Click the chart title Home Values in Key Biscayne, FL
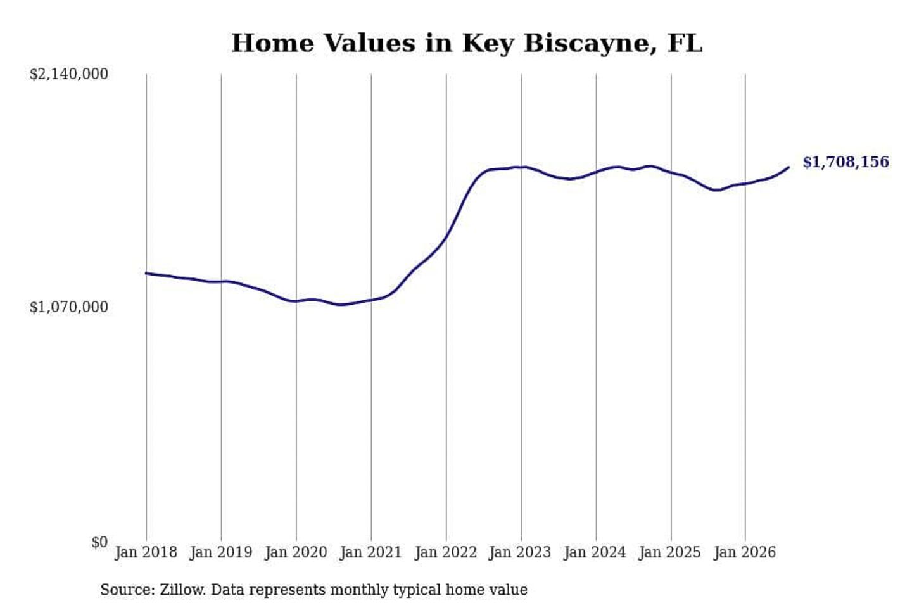467,43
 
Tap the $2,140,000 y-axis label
69,74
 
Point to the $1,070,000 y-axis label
69,307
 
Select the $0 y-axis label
100,542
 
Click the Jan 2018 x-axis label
146,553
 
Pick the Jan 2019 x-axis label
221,553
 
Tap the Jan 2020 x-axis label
296,553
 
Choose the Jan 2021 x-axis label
371,553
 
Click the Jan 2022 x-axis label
446,553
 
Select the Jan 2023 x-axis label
521,553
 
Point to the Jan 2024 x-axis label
595,553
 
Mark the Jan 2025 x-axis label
670,553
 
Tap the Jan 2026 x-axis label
745,553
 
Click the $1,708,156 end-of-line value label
846,162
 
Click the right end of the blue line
788,167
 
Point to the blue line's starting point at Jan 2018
146,273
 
